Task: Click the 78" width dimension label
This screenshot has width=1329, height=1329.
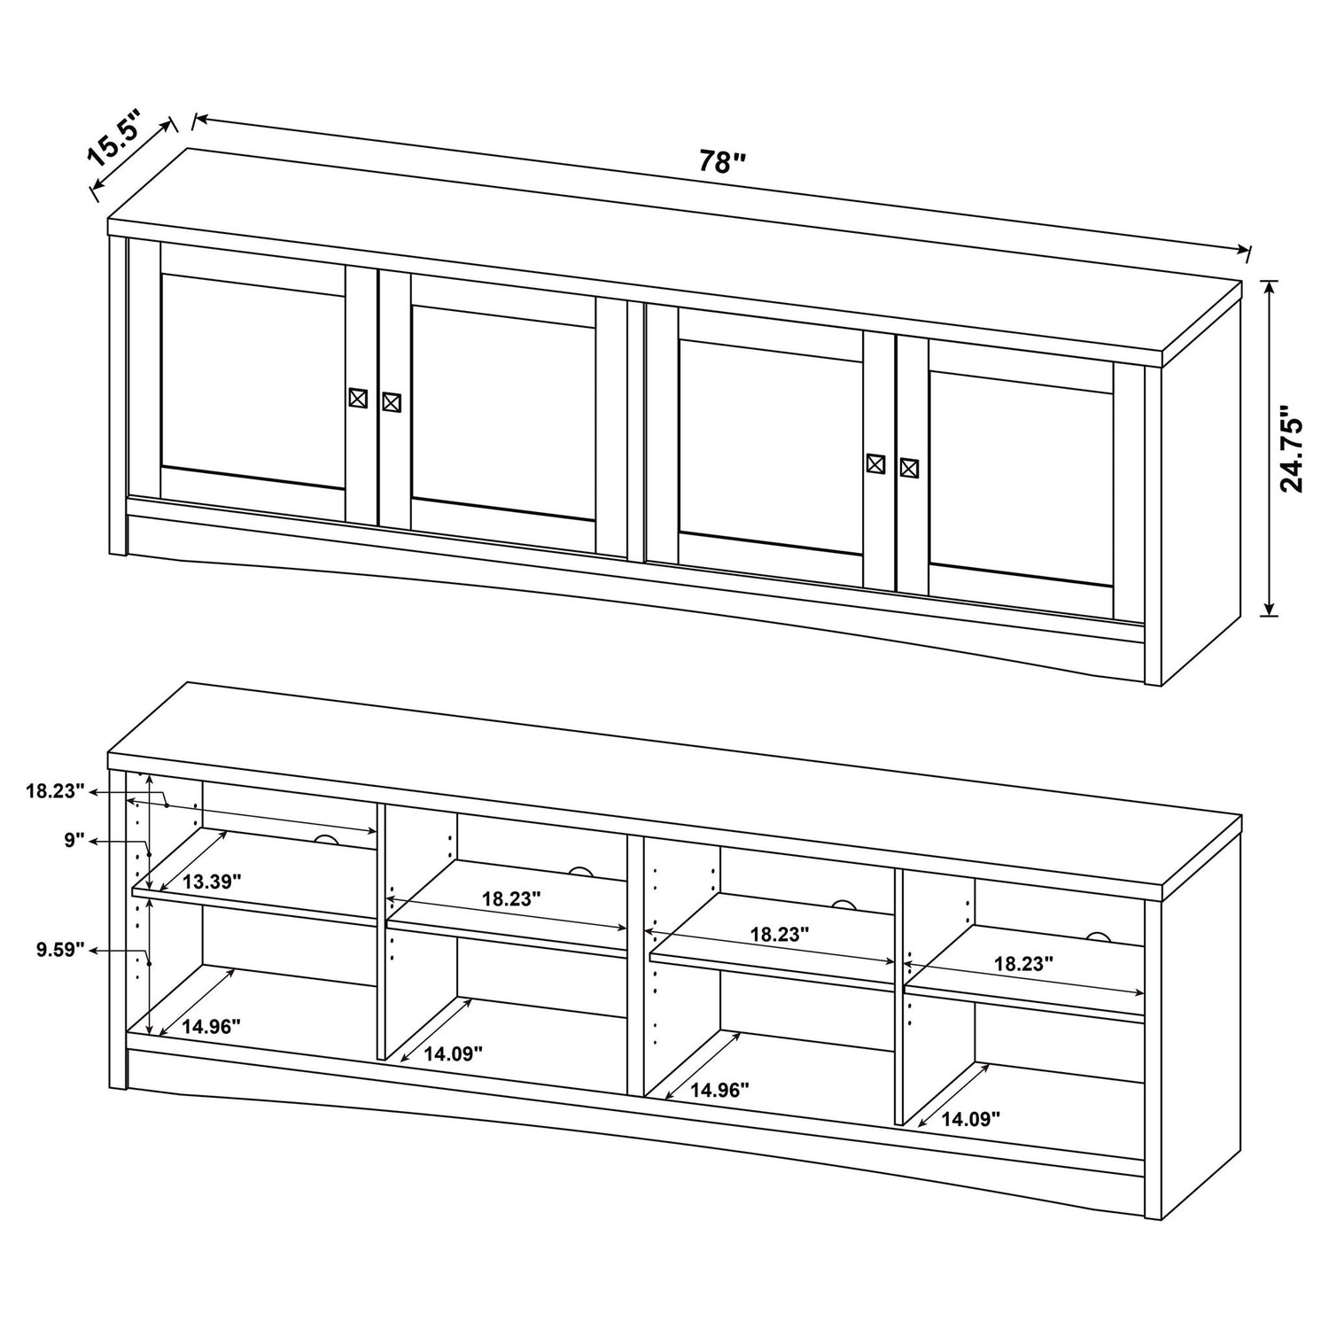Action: [x=723, y=162]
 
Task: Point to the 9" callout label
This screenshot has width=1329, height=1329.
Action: [x=74, y=840]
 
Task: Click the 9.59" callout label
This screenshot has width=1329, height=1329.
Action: [x=60, y=950]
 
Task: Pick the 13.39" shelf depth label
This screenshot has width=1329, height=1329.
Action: [x=212, y=881]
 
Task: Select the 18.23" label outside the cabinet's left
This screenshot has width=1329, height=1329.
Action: [x=55, y=791]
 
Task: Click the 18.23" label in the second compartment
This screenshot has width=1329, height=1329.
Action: [x=511, y=898]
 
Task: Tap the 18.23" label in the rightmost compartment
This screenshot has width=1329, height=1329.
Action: [x=1023, y=964]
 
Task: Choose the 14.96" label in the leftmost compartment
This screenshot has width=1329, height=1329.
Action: [x=212, y=1026]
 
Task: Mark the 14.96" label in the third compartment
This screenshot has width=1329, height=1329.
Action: [x=719, y=1090]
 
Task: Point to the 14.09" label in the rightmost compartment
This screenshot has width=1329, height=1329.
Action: [x=970, y=1119]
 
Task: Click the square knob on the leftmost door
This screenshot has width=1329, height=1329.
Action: [x=358, y=398]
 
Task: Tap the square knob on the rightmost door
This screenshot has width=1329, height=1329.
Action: [x=909, y=468]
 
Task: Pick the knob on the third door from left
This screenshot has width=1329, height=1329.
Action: [x=875, y=463]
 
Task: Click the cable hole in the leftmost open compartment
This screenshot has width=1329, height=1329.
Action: [x=326, y=841]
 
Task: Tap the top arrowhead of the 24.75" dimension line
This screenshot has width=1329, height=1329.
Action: [x=1270, y=285]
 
